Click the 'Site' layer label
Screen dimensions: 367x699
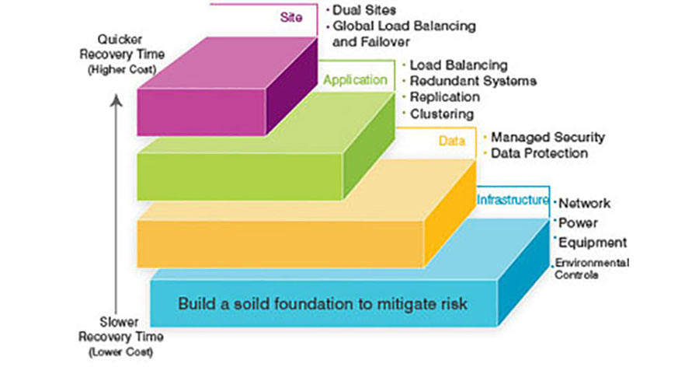coord(289,16)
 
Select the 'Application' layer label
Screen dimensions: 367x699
coord(355,79)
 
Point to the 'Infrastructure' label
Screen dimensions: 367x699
coord(513,200)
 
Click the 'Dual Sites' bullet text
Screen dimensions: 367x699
coord(364,10)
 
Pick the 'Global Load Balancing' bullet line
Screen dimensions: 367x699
coord(404,26)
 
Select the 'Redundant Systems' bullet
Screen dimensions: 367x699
coord(472,81)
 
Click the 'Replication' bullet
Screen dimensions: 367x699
coord(444,97)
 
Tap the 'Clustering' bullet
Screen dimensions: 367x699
coord(442,114)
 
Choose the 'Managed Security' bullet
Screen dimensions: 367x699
coord(548,137)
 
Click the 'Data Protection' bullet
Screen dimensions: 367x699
coord(539,153)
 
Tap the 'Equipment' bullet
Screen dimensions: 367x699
coord(593,243)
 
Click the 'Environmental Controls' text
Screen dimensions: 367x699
coord(590,269)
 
